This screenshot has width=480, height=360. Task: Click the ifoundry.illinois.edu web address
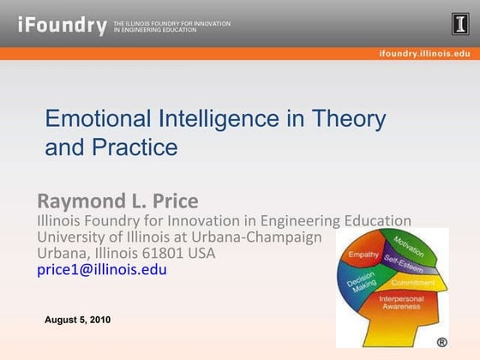pyautogui.click(x=424, y=53)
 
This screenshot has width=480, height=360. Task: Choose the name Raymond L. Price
pyautogui.click(x=117, y=201)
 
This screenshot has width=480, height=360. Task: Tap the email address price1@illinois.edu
pyautogui.click(x=102, y=269)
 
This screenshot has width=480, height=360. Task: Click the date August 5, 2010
pyautogui.click(x=77, y=320)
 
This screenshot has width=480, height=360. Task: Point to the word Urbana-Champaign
pyautogui.click(x=255, y=236)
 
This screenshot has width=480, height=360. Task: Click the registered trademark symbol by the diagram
pyautogui.click(x=441, y=341)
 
